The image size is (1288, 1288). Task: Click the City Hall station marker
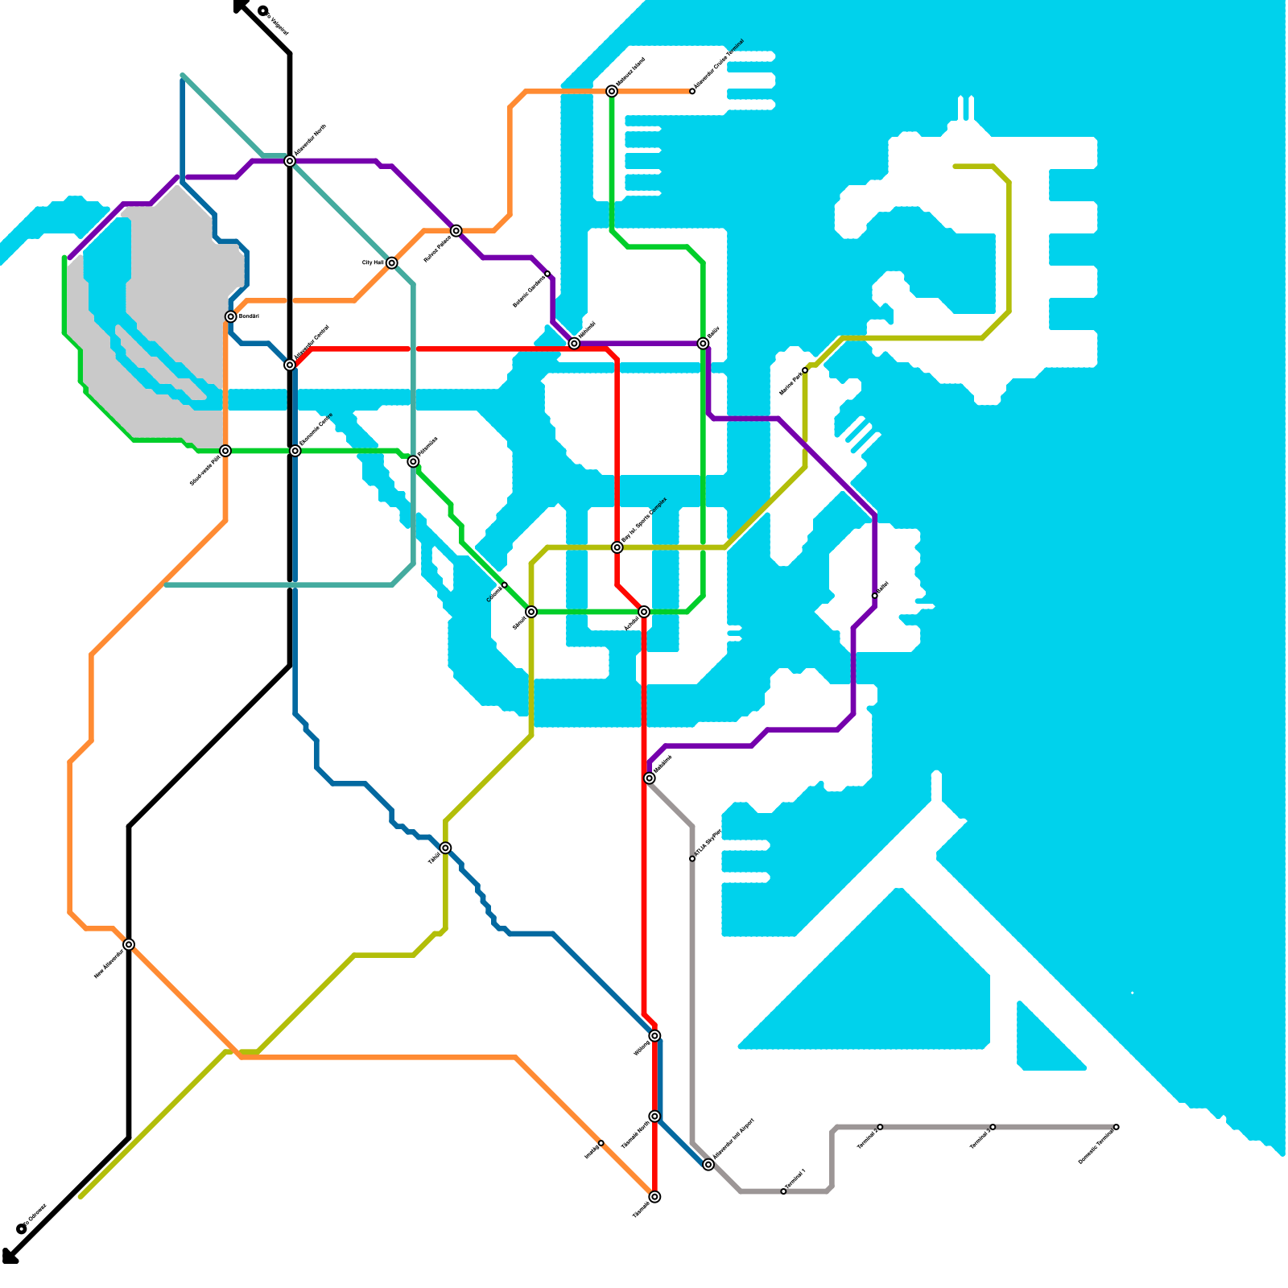tap(391, 263)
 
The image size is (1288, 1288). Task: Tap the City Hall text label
tap(373, 263)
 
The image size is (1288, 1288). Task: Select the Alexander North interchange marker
tap(290, 161)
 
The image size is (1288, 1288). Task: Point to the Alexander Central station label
tap(312, 343)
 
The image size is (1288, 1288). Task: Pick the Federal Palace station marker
tap(456, 231)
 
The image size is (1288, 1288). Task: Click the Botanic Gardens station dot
tap(548, 275)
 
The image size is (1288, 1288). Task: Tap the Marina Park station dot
tap(805, 370)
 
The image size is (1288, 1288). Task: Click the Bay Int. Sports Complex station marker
tap(617, 547)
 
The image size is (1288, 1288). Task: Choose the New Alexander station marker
tap(129, 944)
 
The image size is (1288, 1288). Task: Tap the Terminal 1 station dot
tap(783, 1191)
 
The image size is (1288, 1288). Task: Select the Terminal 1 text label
tap(795, 1179)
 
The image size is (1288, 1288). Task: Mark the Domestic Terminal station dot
tap(1117, 1127)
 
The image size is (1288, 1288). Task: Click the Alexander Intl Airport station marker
tap(708, 1165)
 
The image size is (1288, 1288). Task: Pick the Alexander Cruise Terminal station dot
tap(692, 91)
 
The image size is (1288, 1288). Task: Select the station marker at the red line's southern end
tap(655, 1197)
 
